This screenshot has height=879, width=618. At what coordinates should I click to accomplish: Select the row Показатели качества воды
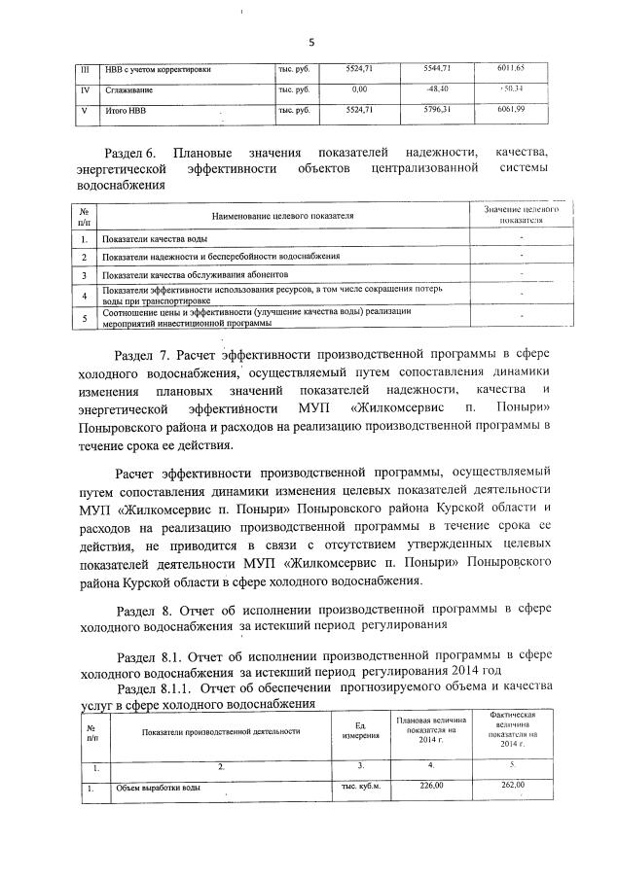(x=156, y=238)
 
